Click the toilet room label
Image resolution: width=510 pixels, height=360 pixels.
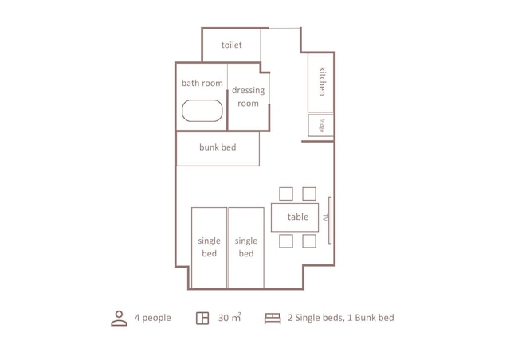coord(231,45)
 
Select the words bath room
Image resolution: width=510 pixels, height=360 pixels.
coord(202,83)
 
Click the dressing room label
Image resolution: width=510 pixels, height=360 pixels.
coord(248,96)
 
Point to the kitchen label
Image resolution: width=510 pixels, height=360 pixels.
coord(322,81)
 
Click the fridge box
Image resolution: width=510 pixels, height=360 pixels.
coord(321,125)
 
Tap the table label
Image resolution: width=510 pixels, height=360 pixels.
coord(297,217)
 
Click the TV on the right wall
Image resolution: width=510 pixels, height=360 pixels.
coord(328,217)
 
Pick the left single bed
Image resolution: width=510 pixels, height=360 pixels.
coord(209,247)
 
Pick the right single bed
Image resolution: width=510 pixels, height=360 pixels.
coord(246,247)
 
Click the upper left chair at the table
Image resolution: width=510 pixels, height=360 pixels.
coord(286,194)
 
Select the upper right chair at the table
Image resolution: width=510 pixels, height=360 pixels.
coord(309,194)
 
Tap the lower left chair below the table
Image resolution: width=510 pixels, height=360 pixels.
coord(286,241)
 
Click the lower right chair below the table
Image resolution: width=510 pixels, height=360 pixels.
coord(309,241)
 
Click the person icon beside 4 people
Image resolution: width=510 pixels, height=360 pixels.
coord(119,319)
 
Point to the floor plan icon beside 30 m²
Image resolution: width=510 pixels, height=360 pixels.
coord(202,319)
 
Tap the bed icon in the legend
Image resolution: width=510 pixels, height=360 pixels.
coord(272,319)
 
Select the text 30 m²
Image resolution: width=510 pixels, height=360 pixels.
coord(229,318)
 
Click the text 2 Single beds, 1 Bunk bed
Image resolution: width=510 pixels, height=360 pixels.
coord(340,318)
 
